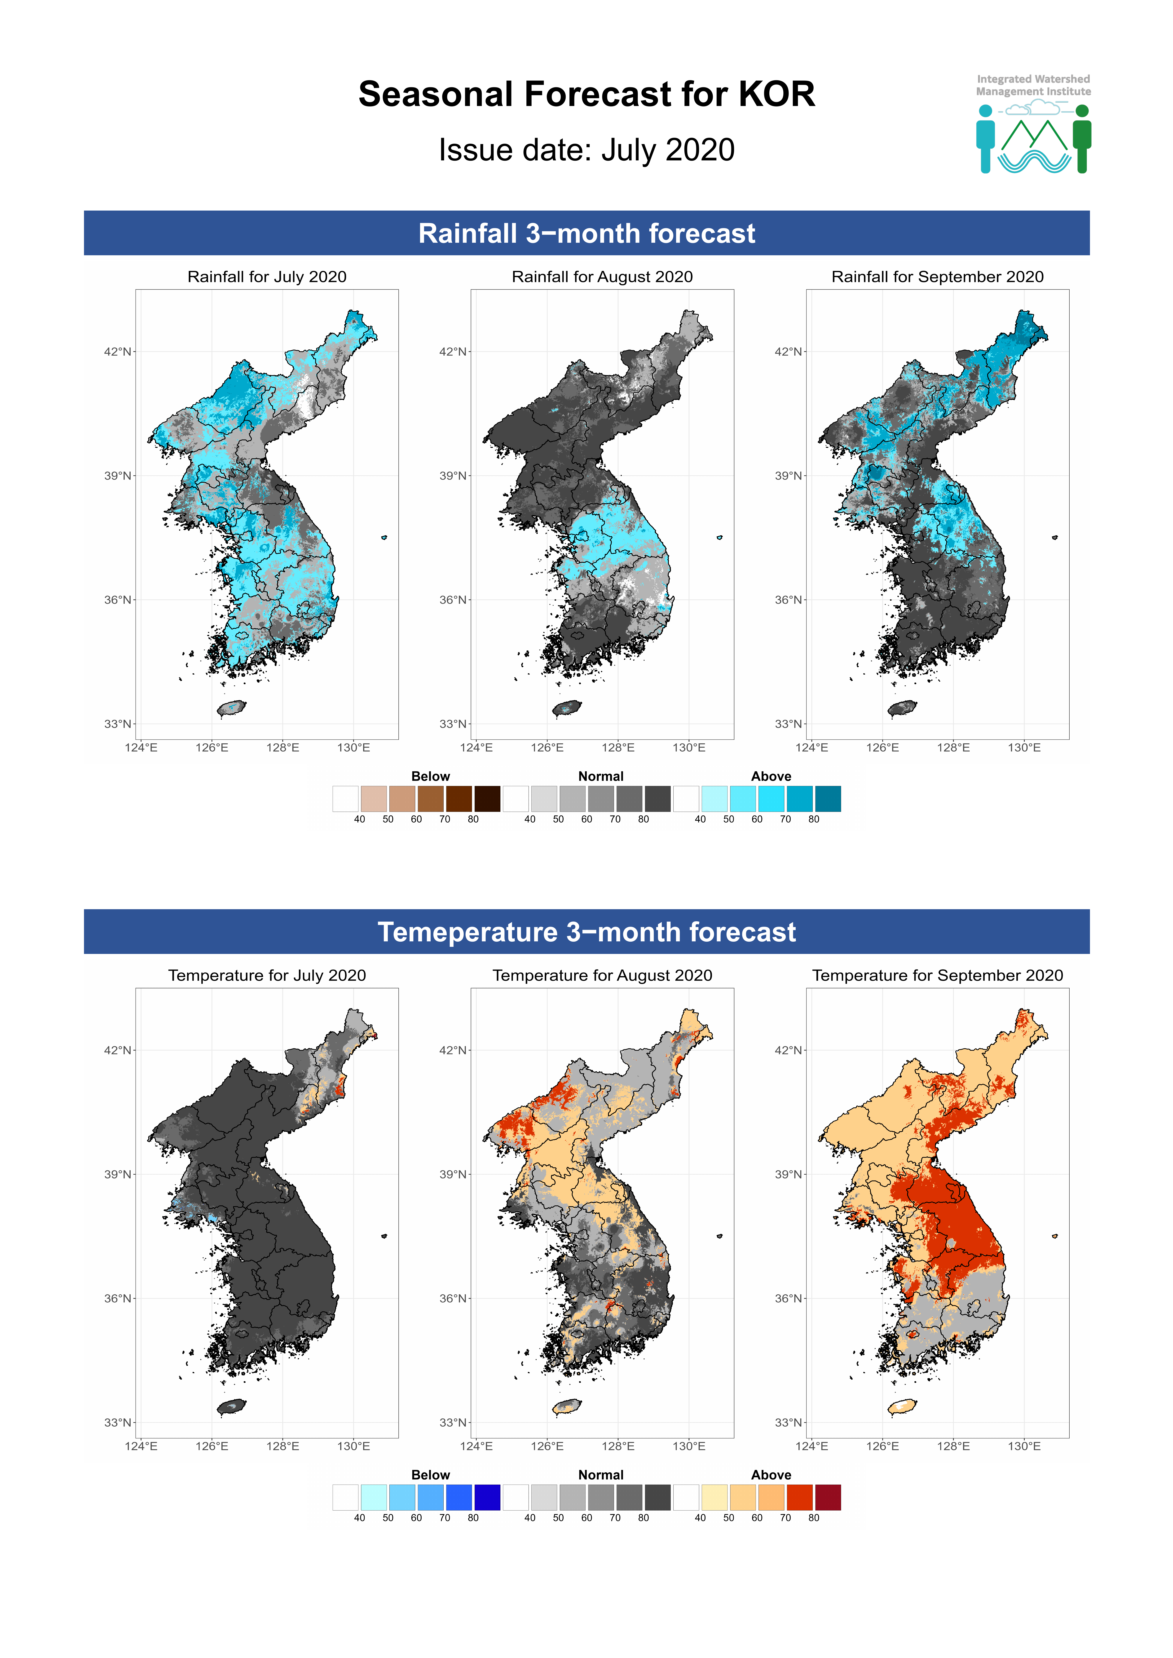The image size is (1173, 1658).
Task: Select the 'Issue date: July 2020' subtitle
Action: coord(586,150)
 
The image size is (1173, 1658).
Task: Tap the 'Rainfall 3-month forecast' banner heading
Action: coord(586,233)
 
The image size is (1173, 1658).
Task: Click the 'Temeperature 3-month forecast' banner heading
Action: coord(586,931)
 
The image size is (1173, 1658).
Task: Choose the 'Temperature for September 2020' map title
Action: coord(938,975)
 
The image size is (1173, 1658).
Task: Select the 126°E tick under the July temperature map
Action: coord(212,1446)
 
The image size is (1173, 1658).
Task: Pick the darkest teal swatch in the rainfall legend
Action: coord(828,799)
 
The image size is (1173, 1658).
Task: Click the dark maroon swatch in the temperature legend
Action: coord(828,1497)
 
